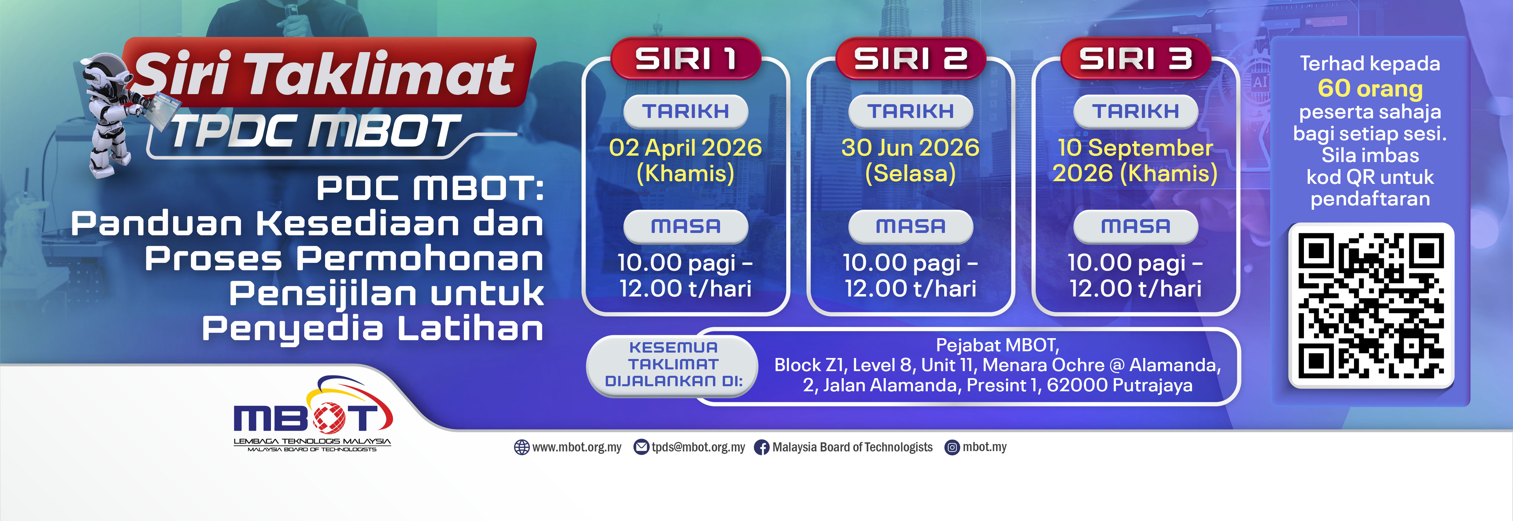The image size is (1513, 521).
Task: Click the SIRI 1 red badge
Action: (x=685, y=58)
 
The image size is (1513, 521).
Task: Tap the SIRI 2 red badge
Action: (x=910, y=58)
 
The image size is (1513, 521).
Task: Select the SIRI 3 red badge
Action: (x=1135, y=58)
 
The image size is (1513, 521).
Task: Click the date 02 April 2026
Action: (x=685, y=148)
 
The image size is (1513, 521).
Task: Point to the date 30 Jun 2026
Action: (x=910, y=148)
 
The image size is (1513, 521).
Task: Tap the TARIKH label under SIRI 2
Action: (x=910, y=111)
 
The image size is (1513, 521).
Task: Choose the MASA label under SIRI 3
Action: (x=1135, y=226)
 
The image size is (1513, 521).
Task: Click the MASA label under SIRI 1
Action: (x=685, y=226)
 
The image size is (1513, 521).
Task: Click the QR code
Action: (x=1371, y=306)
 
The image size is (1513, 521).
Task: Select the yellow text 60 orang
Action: (x=1370, y=88)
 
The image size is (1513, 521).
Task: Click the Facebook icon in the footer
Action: (x=761, y=448)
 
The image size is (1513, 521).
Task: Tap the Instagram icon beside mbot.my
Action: (x=952, y=448)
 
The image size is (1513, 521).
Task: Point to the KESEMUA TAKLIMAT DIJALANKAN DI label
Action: (x=674, y=364)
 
